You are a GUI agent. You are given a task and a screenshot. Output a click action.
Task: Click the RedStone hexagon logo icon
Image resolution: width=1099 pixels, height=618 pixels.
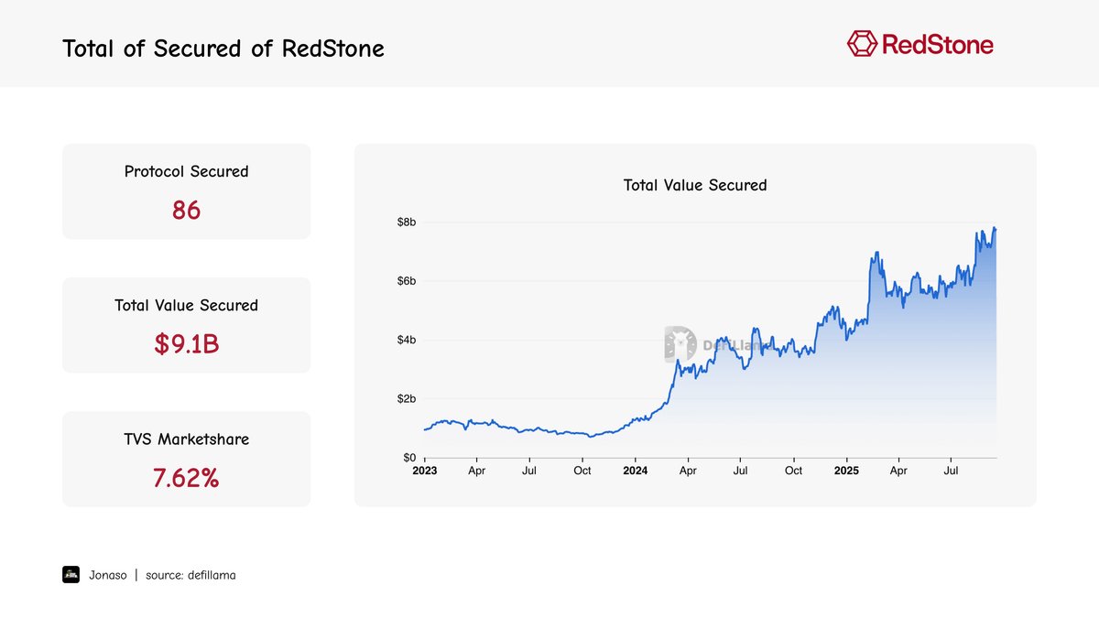tap(862, 43)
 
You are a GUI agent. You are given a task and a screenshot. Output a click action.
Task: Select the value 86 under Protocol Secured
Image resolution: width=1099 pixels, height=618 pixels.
tap(186, 211)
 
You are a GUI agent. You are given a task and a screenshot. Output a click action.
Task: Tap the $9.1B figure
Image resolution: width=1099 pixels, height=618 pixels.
tap(186, 344)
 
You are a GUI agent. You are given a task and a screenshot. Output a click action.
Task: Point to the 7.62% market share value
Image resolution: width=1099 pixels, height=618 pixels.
tap(186, 477)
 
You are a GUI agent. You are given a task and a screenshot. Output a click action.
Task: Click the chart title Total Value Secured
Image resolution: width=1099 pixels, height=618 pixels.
tap(695, 185)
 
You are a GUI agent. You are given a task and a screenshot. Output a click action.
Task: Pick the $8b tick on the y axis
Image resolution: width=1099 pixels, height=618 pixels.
tap(407, 222)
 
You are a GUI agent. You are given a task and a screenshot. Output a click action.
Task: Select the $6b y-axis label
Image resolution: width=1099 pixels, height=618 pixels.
tap(407, 281)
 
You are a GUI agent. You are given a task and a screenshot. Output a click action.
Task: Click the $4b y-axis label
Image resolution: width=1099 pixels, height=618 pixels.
tap(407, 340)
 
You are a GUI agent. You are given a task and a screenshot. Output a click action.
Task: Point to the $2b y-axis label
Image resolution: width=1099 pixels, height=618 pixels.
tap(407, 398)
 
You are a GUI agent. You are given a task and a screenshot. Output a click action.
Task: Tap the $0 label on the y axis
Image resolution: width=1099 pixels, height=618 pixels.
tap(408, 457)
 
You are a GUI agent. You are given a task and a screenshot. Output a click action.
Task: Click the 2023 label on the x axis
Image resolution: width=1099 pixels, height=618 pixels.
tap(424, 471)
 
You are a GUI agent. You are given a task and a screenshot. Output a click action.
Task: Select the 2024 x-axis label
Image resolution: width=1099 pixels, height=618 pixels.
tap(635, 471)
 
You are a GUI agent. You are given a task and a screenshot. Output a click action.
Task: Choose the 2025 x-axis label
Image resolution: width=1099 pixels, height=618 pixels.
tap(846, 471)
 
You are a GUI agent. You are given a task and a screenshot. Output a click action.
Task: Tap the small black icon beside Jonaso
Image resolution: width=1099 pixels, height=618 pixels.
tap(71, 574)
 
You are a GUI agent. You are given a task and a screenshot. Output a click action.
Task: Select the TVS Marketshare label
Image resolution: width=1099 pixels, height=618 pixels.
tap(186, 439)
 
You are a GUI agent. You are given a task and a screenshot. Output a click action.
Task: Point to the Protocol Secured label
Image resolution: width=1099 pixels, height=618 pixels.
tap(186, 171)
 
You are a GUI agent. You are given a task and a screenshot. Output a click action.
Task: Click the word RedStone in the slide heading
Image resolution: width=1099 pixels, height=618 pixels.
tap(333, 49)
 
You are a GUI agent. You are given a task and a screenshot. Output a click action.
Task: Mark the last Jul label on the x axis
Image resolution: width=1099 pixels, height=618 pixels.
tap(952, 471)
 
